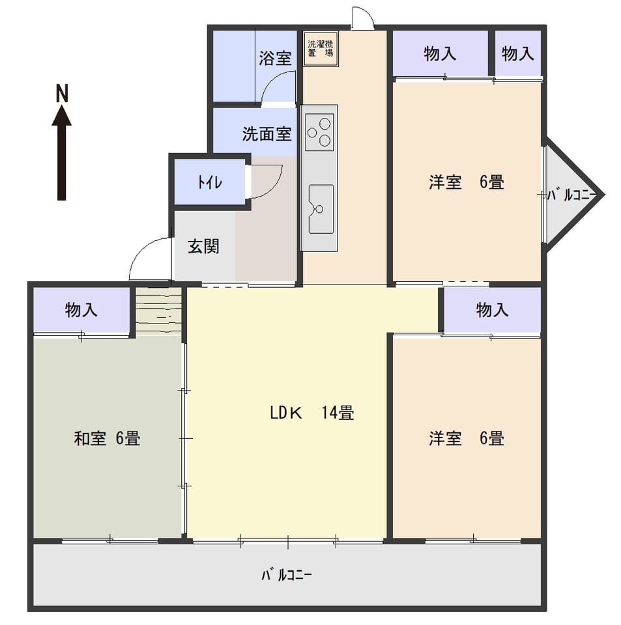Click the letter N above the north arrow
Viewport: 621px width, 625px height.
coord(62,93)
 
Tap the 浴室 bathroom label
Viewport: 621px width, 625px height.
coord(275,58)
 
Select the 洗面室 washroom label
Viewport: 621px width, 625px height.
coord(267,134)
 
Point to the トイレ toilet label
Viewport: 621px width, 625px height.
coord(210,182)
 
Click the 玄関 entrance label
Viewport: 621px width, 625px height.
coord(203,246)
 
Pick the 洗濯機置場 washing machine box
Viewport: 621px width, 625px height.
coord(321,49)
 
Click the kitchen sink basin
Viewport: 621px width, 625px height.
coord(321,209)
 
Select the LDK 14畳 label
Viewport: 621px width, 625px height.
coord(312,413)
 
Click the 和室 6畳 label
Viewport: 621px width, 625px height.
coord(107,438)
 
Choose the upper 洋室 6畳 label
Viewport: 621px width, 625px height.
coord(467,182)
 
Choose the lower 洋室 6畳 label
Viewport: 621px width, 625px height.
coord(467,438)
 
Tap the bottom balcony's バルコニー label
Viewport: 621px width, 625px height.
coord(287,575)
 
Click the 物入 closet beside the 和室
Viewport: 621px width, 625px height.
coord(81,309)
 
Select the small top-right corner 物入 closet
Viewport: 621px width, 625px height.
coord(517,53)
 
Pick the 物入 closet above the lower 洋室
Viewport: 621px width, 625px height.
coord(492,310)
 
